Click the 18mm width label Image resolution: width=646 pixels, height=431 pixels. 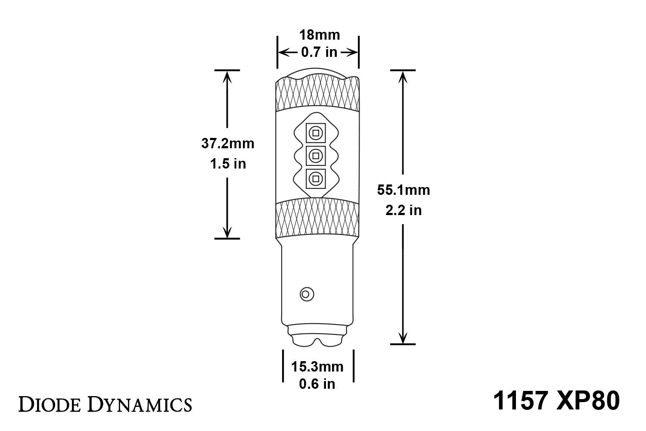coord(320,34)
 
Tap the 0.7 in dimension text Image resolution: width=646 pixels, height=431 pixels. coord(319,52)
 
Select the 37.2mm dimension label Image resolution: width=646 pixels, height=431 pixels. coord(228,143)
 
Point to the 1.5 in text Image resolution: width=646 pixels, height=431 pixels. coord(228,164)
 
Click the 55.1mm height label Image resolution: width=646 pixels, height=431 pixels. coord(404,190)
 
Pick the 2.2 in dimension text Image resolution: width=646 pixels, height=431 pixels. coord(404,210)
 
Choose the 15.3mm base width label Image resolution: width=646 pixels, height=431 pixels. coord(317,367)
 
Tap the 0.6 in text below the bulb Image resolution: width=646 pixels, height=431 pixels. coord(317,384)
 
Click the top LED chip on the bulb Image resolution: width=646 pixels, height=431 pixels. coord(316,133)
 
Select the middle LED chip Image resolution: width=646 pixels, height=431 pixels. coord(316,155)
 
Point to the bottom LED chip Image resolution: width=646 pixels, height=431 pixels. coord(316,178)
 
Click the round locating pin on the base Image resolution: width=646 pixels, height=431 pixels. coord(307,294)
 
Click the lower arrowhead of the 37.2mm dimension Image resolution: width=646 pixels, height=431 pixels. coord(227,233)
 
